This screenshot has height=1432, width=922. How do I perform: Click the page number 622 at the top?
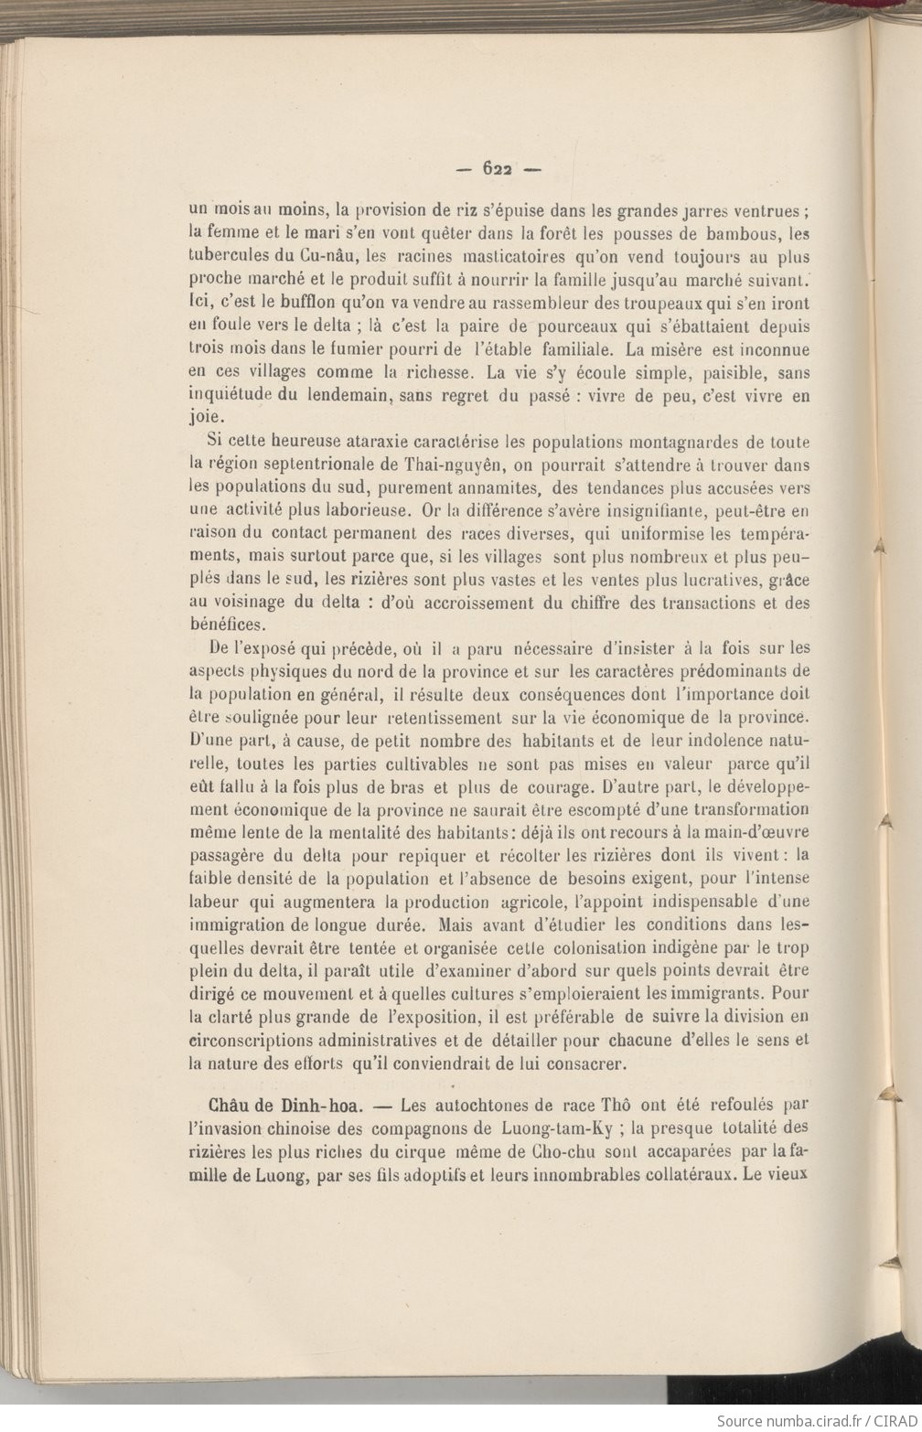pos(498,168)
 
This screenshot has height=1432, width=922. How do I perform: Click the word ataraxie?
pos(338,443)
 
